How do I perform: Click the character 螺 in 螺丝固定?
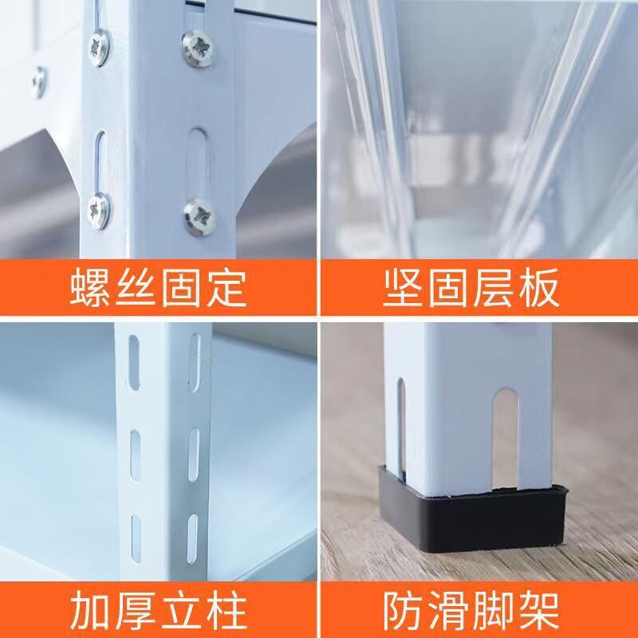[90, 288]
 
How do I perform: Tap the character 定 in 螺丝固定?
[226, 288]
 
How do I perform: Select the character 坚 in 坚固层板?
[403, 287]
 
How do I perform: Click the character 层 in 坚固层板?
[494, 287]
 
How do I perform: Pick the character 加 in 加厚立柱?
[90, 610]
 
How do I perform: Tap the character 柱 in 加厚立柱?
[226, 610]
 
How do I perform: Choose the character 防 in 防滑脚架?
[403, 610]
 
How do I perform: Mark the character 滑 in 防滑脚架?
[448, 610]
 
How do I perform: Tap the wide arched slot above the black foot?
[506, 439]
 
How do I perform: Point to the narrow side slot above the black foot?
[401, 427]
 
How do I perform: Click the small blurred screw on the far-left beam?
[39, 82]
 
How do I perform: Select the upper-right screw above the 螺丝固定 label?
[199, 47]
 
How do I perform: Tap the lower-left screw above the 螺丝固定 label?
[98, 211]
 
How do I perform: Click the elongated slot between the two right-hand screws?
[198, 163]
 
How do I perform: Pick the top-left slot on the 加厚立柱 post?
[134, 363]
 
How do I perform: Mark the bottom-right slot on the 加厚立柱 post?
[192, 538]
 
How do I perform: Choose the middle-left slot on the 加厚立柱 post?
[136, 455]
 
